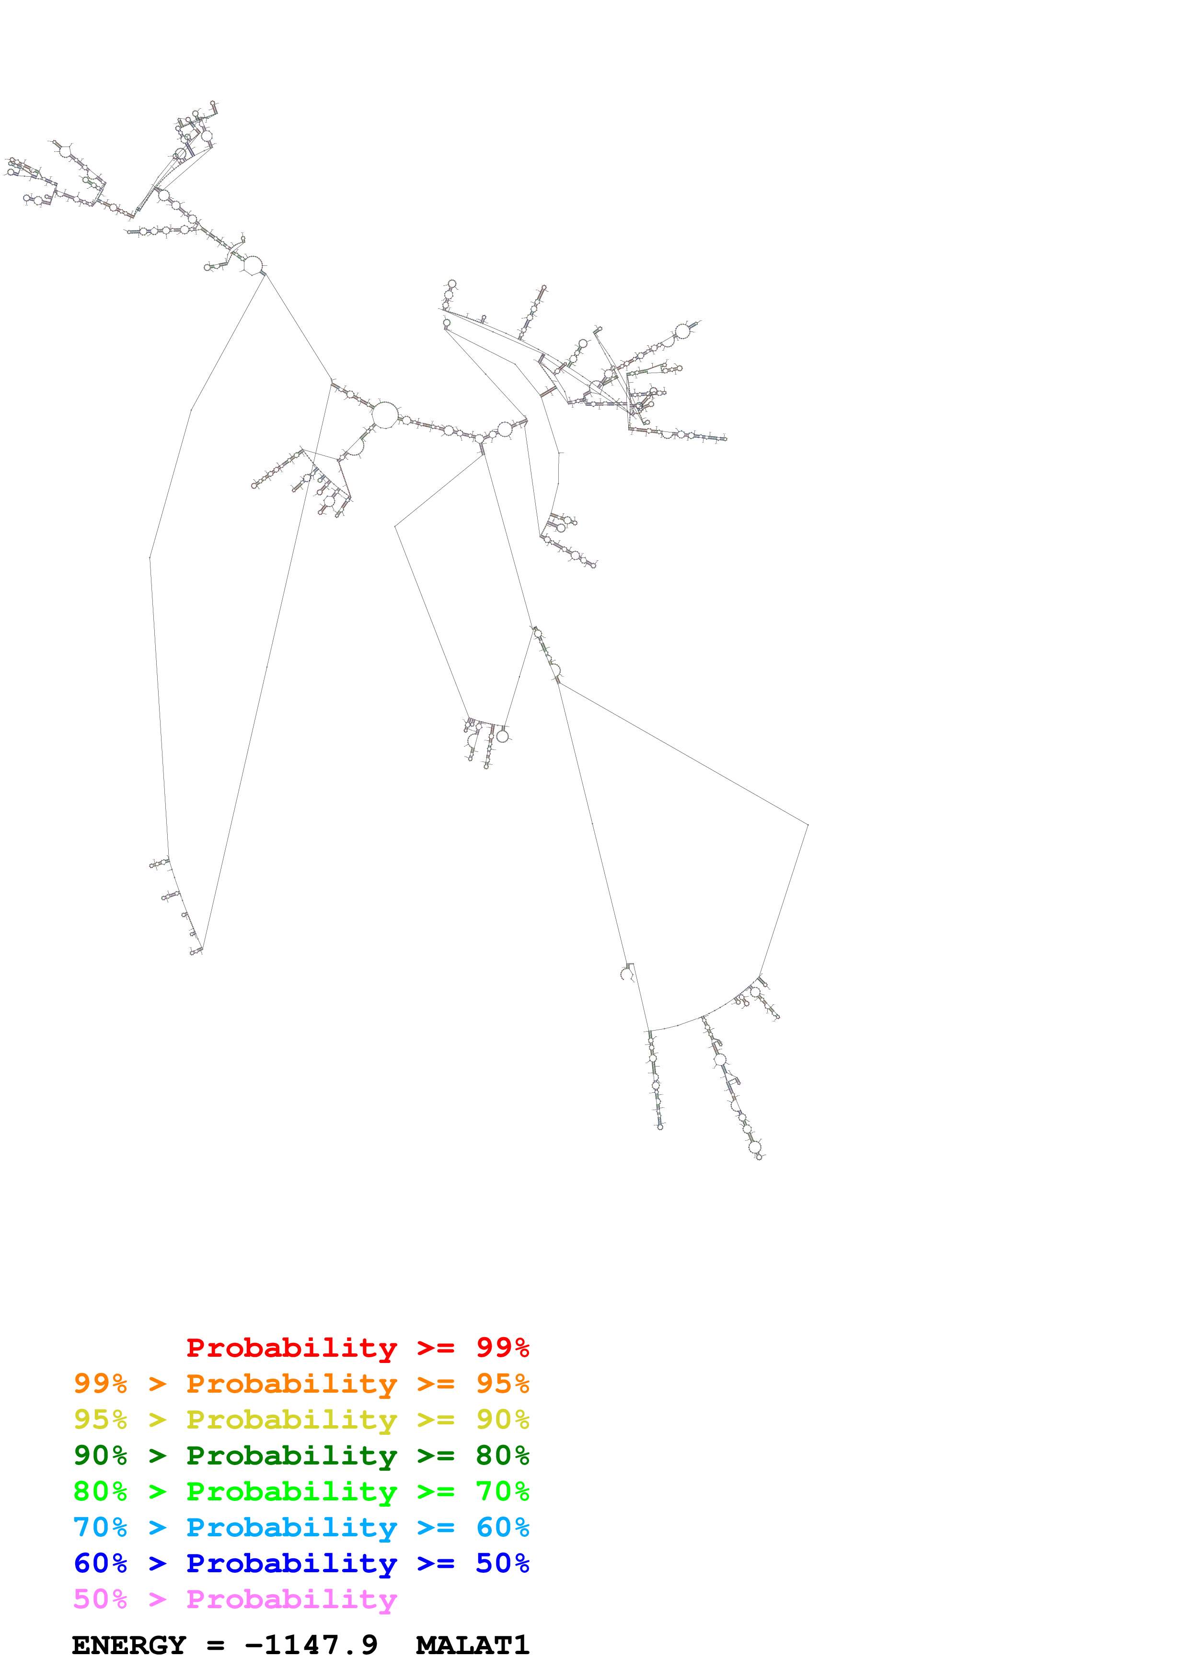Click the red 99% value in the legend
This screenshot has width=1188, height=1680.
502,1348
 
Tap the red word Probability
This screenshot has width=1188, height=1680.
291,1348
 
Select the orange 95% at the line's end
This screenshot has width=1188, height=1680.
502,1384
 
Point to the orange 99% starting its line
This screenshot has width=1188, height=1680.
100,1384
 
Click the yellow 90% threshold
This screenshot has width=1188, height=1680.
502,1419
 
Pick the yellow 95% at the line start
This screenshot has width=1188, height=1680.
100,1419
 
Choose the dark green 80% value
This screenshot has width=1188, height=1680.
502,1455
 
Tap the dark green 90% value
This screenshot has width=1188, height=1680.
100,1455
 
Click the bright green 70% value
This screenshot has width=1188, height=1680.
502,1491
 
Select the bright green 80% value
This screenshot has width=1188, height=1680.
100,1491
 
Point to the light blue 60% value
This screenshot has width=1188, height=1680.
502,1527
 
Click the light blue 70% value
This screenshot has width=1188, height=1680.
100,1527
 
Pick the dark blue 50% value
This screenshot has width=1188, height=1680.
502,1563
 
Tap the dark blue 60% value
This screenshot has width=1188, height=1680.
100,1563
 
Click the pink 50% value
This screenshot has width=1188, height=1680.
100,1599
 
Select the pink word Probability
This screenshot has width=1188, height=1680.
291,1599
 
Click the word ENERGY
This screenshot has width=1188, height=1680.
129,1645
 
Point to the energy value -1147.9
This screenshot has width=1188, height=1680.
311,1645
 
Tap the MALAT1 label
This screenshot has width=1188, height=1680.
472,1645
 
